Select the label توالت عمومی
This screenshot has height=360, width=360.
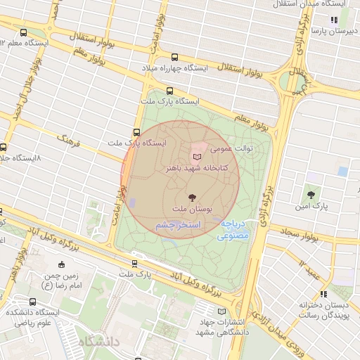(x=233, y=148)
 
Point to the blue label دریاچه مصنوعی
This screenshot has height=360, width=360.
(x=232, y=230)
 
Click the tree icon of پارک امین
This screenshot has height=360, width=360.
(x=310, y=193)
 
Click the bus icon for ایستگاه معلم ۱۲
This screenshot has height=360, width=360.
(x=25, y=32)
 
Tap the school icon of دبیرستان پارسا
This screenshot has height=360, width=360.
(x=333, y=20)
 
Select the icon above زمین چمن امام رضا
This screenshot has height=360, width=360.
(x=61, y=264)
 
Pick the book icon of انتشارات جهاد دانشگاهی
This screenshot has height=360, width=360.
(x=223, y=311)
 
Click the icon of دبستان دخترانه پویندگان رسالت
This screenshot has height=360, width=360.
(x=323, y=294)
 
